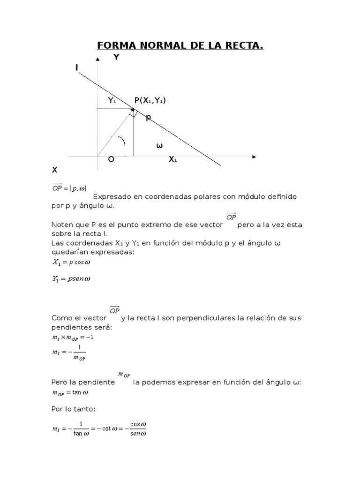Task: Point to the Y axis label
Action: pos(116,58)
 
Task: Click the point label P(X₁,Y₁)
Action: pos(150,101)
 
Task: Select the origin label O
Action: pos(111,159)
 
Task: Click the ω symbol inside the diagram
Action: pos(159,146)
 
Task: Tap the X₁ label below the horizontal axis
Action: pos(173,159)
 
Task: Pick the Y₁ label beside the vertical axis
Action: pos(112,100)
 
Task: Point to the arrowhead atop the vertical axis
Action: pos(97,59)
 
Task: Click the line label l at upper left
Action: pos(76,68)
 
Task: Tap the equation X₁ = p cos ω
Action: pos(71,262)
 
